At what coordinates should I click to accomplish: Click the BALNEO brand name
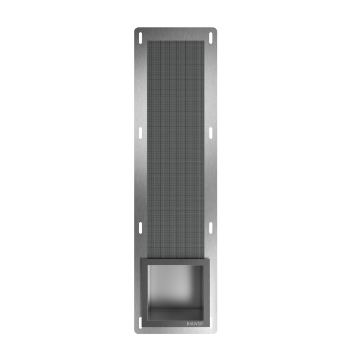click(195, 324)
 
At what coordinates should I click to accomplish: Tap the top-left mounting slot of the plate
click(141, 37)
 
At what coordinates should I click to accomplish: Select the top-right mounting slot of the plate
click(211, 37)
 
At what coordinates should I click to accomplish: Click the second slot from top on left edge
click(141, 133)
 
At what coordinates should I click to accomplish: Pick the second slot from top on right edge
click(211, 133)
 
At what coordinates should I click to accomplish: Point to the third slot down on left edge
click(141, 228)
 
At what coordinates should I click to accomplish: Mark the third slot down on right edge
click(211, 228)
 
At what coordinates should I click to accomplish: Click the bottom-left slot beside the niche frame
click(140, 323)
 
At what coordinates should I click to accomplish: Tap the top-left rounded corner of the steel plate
click(136, 29)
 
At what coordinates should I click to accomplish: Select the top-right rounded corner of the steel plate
click(215, 29)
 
